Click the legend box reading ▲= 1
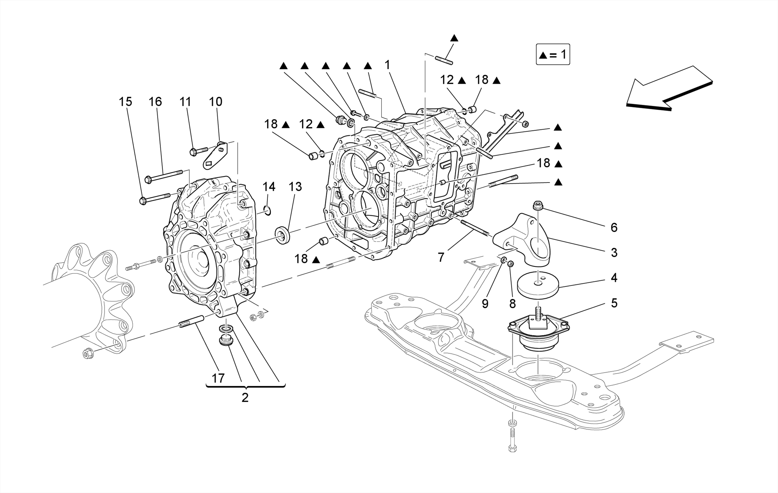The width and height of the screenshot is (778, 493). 553,54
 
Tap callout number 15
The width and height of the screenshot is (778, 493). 125,102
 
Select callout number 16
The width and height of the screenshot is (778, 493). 155,102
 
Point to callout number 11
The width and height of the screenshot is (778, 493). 185,102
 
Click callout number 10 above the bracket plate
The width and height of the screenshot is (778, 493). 215,102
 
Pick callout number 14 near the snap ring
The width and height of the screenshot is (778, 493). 269,187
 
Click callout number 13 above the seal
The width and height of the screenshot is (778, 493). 295,187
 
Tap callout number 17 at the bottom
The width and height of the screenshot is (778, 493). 218,378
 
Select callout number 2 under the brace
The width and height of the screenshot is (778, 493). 245,398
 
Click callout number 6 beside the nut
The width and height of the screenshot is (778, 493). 614,227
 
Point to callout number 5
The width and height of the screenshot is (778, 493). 614,303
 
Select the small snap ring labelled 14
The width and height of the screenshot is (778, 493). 268,210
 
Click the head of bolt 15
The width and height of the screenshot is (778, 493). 143,200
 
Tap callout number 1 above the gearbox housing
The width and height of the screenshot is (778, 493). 387,65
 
